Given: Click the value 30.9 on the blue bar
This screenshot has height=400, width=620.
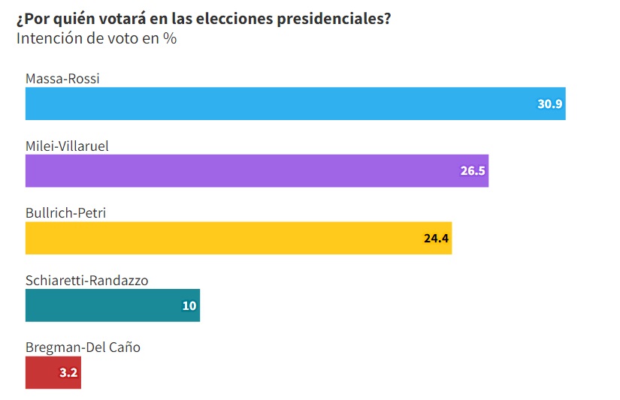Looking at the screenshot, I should [x=549, y=104].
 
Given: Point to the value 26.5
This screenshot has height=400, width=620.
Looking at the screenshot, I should [x=473, y=171].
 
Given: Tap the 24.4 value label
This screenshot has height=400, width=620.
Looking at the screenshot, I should [x=436, y=239].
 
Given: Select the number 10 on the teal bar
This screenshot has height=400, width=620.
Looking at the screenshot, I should [x=189, y=305].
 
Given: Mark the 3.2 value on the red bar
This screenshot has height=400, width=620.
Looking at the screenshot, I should [x=69, y=372].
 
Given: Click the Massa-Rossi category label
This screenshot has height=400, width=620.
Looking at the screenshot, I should [x=62, y=79].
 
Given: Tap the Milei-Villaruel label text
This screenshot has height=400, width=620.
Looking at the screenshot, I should [x=67, y=146].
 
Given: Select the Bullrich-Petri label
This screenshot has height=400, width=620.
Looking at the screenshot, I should [x=65, y=213].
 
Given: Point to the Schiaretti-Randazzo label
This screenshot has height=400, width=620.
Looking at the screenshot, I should [x=86, y=280].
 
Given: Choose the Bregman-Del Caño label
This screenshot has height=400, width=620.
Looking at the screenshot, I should [x=83, y=347].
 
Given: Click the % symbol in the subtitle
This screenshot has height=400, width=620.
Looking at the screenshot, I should [x=171, y=39].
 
